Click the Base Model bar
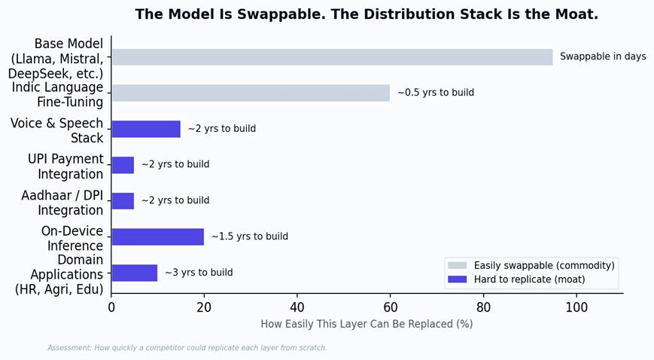point(333,56)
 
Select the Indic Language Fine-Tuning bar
point(251,93)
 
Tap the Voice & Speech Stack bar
point(146,129)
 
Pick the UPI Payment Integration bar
point(123,165)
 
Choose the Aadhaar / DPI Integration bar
point(123,201)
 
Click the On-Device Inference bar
point(157,236)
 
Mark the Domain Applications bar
point(134,273)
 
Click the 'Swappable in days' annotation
point(603,56)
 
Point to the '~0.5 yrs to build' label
point(436,93)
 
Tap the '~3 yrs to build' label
point(199,273)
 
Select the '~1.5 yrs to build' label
point(250,236)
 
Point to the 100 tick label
point(576,307)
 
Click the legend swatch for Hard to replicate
point(457,279)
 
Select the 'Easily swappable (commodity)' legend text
point(544,266)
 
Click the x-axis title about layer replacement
point(367,324)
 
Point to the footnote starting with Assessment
point(187,348)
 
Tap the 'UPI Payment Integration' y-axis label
point(65,166)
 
